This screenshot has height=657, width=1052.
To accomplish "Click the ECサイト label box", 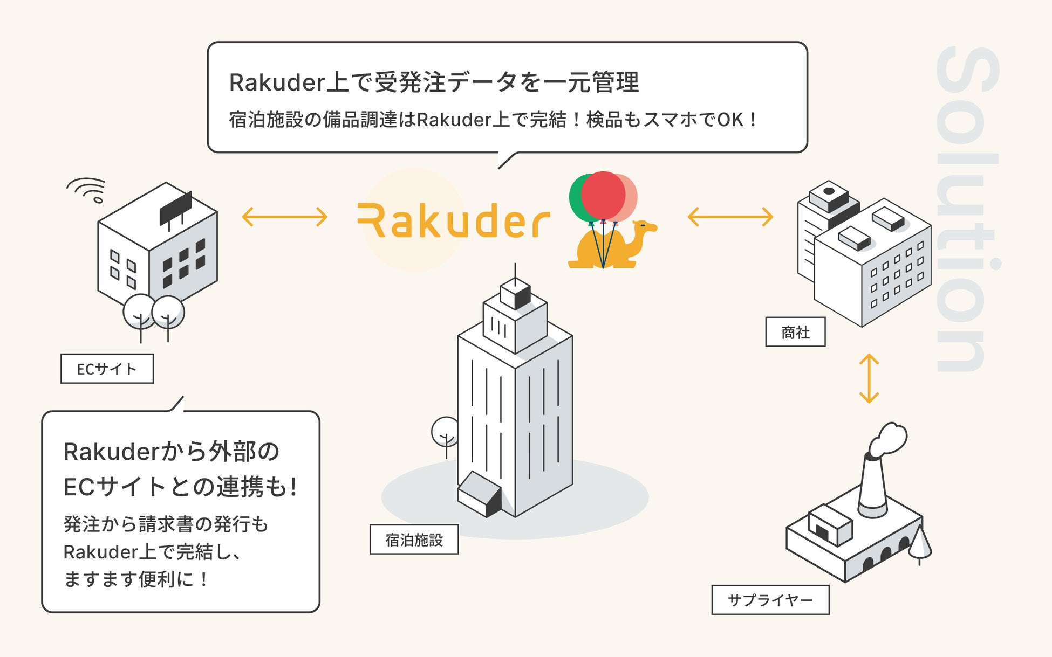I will coord(107,369).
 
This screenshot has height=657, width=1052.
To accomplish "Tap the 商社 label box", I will coord(795,332).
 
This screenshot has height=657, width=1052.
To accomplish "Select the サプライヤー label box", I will coord(770,600).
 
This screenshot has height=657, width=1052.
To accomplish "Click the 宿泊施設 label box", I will coord(414,540).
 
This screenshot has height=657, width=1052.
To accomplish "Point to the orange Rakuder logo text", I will coord(453,221).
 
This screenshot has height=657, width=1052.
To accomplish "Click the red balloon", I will coord(603,195).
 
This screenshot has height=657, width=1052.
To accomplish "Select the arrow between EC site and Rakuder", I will coord(284,217).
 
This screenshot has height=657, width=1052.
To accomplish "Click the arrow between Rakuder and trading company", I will coord(730,217).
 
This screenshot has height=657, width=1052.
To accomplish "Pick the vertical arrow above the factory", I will coord(869,378).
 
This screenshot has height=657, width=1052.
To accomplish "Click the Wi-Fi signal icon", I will coord(88,190).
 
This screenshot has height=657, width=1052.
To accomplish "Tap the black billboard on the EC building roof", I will coord(175,208).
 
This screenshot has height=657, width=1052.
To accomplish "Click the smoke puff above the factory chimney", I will coord(889,439).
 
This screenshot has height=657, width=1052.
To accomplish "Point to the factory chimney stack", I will coord(872,485).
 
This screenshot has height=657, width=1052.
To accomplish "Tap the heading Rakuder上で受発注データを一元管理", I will coord(434,82).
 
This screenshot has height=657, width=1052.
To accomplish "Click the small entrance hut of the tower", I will coord(479,493).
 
